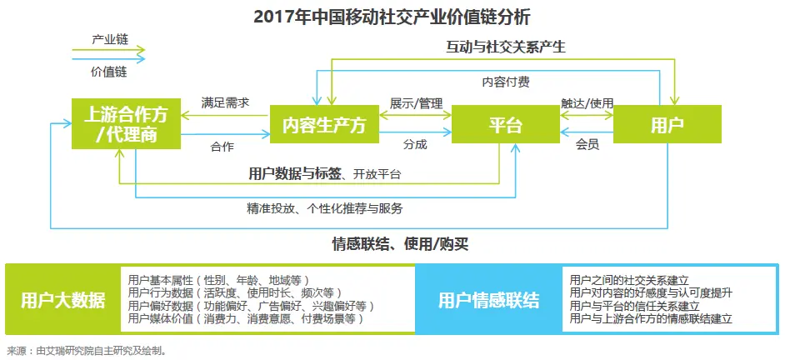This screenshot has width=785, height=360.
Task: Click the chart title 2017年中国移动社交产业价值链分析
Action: coord(392,16)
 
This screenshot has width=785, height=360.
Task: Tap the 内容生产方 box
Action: coord(324,126)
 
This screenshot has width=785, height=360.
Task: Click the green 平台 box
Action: coord(505,126)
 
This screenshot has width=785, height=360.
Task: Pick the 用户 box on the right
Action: coord(667,126)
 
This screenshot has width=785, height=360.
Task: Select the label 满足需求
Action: coord(225,103)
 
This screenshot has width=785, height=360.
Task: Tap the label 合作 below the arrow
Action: coord(222,147)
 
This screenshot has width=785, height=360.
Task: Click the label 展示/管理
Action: coord(416,103)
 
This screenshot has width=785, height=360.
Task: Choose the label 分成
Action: coord(415,144)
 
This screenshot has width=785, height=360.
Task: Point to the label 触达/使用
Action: coord(587,103)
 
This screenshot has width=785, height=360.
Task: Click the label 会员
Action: coord(587,144)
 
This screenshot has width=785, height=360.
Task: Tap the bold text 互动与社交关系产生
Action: coord(506,47)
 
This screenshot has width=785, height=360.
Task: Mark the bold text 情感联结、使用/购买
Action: coord(400,245)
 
